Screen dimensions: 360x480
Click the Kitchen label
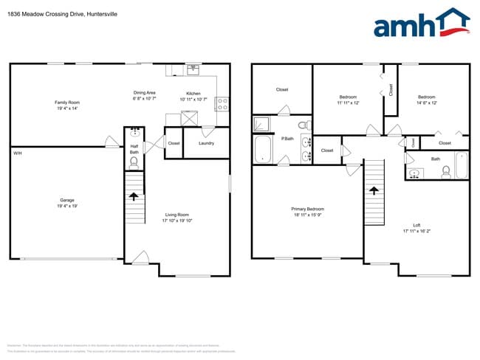(193, 94)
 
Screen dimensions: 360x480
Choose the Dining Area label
(144, 93)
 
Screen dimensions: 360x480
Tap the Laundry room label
(206, 143)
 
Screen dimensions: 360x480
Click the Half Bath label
(134, 149)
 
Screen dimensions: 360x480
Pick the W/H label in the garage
(17, 153)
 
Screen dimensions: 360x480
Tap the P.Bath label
(287, 139)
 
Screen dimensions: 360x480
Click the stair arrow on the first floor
(134, 196)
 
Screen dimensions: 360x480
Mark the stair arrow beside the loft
(374, 190)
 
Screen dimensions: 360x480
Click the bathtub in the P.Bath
(264, 150)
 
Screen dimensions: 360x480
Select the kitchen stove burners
(221, 104)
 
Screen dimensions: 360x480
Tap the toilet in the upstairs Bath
(446, 171)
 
